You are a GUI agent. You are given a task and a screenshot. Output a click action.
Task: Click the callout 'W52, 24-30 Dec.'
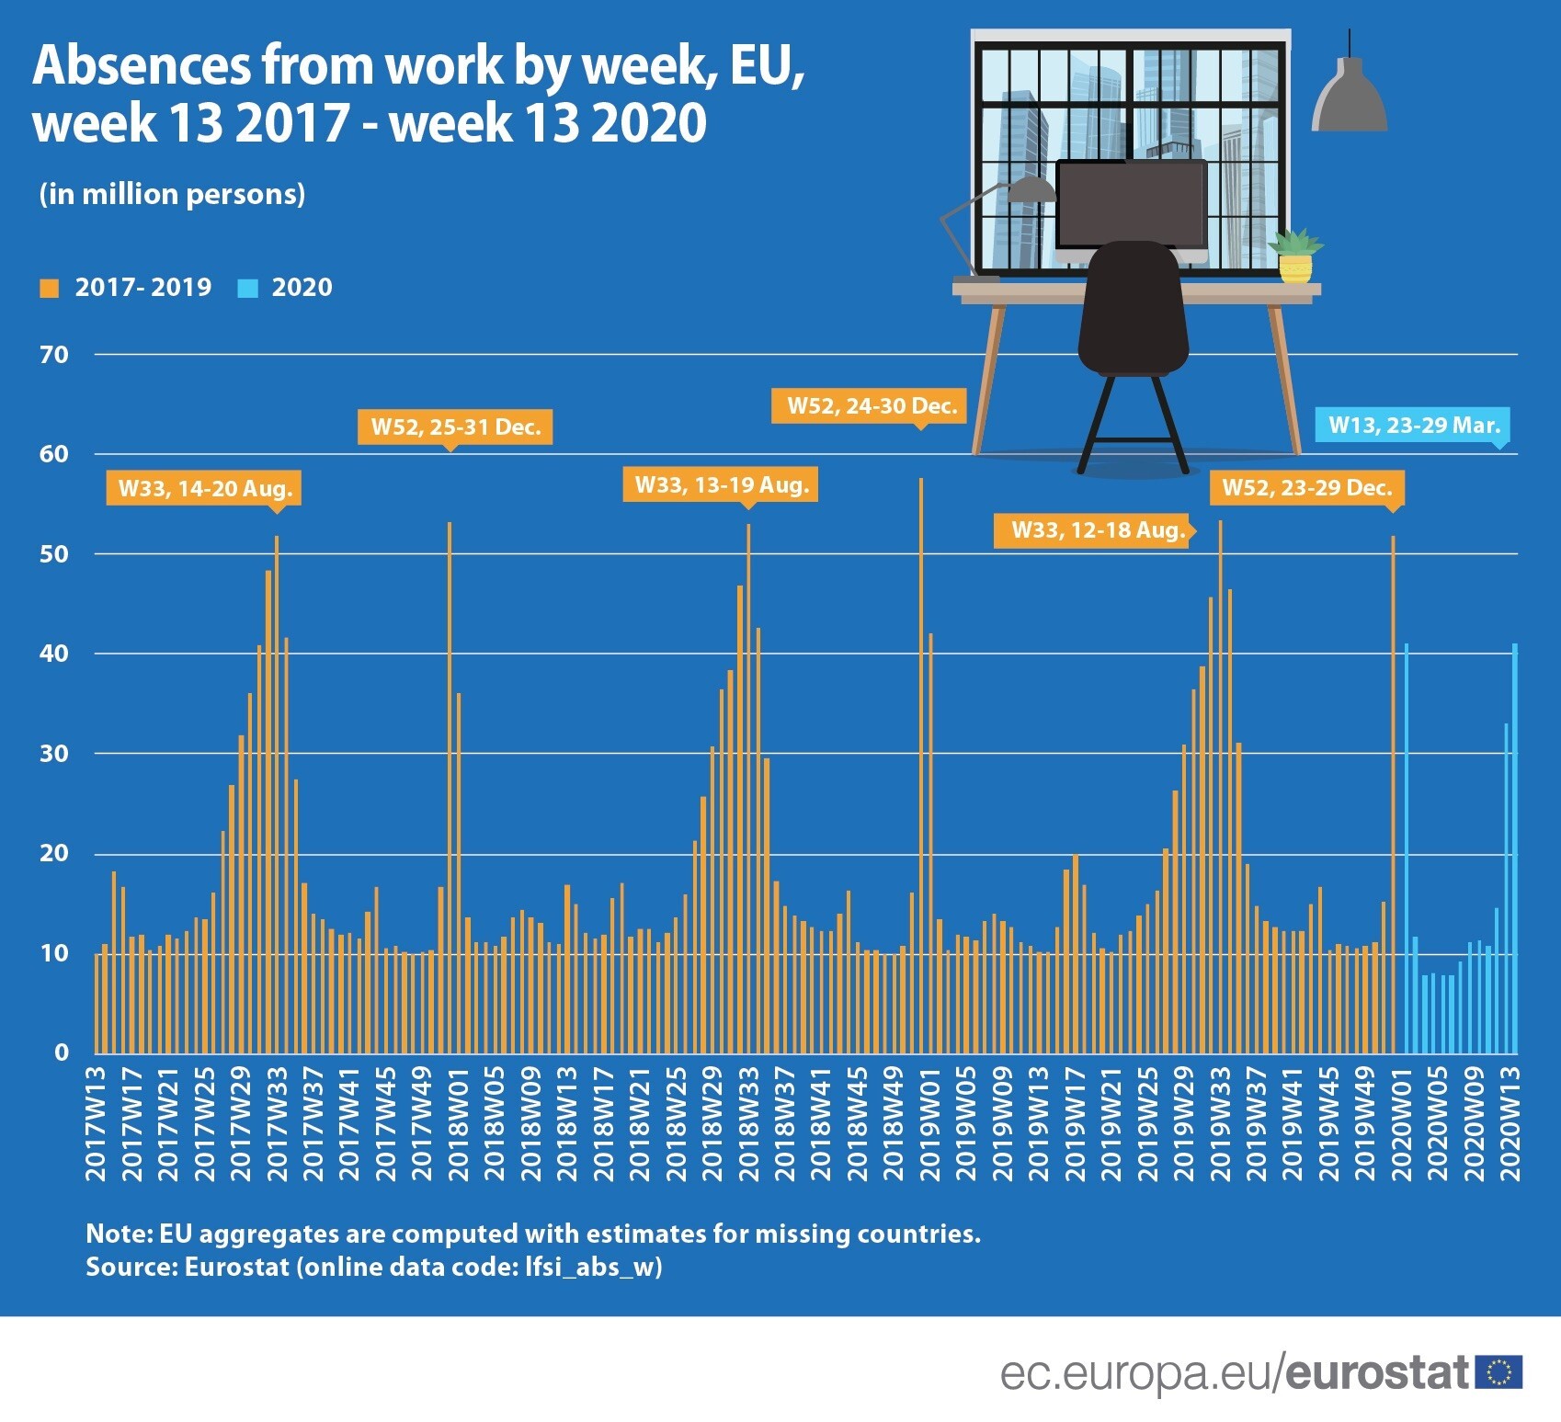tap(872, 405)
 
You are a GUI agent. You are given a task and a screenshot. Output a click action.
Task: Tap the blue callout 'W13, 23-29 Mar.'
tap(1413, 425)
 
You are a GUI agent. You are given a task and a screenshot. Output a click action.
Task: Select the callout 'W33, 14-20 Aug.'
tap(204, 488)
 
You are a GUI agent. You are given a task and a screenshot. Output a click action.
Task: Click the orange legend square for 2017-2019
tap(50, 289)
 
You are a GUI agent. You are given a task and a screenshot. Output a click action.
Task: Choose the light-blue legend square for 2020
tap(247, 289)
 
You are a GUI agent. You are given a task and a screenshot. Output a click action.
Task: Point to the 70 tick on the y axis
tap(54, 355)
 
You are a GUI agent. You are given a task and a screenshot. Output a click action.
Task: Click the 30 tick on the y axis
tap(54, 754)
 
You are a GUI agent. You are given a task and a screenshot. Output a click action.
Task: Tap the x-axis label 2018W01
tap(458, 1123)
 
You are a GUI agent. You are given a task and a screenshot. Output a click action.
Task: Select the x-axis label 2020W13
tap(1510, 1123)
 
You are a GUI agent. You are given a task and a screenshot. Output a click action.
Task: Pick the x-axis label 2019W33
tap(1220, 1123)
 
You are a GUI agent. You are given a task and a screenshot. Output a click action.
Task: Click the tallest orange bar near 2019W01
tap(920, 763)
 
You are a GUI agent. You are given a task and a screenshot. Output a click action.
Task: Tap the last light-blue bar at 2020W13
tap(1514, 846)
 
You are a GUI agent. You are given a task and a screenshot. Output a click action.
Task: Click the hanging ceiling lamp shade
tap(1349, 97)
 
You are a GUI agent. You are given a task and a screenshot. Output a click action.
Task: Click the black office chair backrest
tap(1133, 303)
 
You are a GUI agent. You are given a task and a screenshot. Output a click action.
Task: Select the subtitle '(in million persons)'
tap(172, 194)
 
